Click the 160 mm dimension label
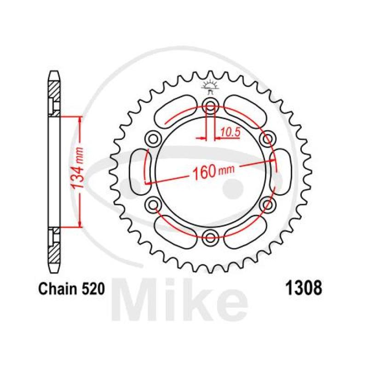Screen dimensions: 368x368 click(x=213, y=171)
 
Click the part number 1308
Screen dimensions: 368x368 click(x=303, y=288)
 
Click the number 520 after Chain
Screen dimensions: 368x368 click(x=93, y=289)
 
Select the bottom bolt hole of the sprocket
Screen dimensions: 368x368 click(x=210, y=237)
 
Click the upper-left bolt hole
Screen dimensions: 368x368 click(x=153, y=139)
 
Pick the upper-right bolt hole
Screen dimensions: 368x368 click(x=268, y=139)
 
